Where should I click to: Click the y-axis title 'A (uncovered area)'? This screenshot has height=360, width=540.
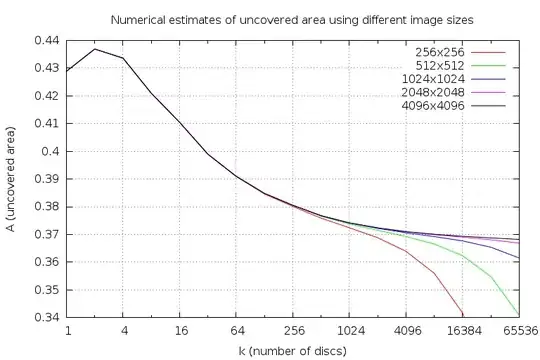pos(11,177)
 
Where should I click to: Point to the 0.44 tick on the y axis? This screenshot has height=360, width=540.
pos(47,40)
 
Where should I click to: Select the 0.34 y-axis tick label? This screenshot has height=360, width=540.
pos(47,317)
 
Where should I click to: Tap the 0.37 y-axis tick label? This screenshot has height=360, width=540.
pos(47,234)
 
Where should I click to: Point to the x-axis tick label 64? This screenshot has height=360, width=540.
pos(237,330)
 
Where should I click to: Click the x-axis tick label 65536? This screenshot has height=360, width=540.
pos(518,330)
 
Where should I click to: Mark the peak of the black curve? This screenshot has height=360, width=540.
pos(95,49)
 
